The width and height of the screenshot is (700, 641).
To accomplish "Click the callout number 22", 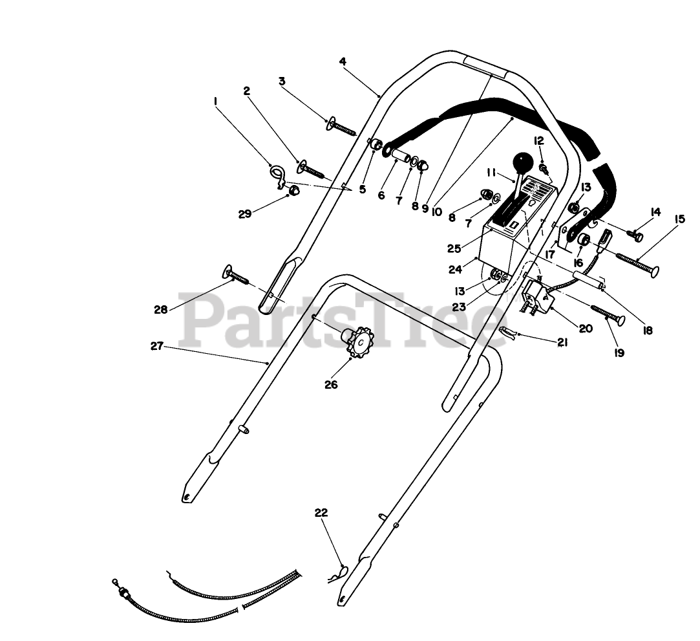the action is (x=321, y=513).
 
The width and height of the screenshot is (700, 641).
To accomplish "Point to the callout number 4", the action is (x=343, y=61).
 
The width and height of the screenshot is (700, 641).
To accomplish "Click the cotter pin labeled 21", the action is (x=509, y=333).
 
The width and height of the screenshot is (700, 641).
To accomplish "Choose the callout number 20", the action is (x=585, y=329).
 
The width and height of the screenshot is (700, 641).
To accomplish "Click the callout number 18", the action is (x=647, y=330).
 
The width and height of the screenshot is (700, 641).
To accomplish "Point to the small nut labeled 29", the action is (x=292, y=190).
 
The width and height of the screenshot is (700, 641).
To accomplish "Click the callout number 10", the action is (x=436, y=212).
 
